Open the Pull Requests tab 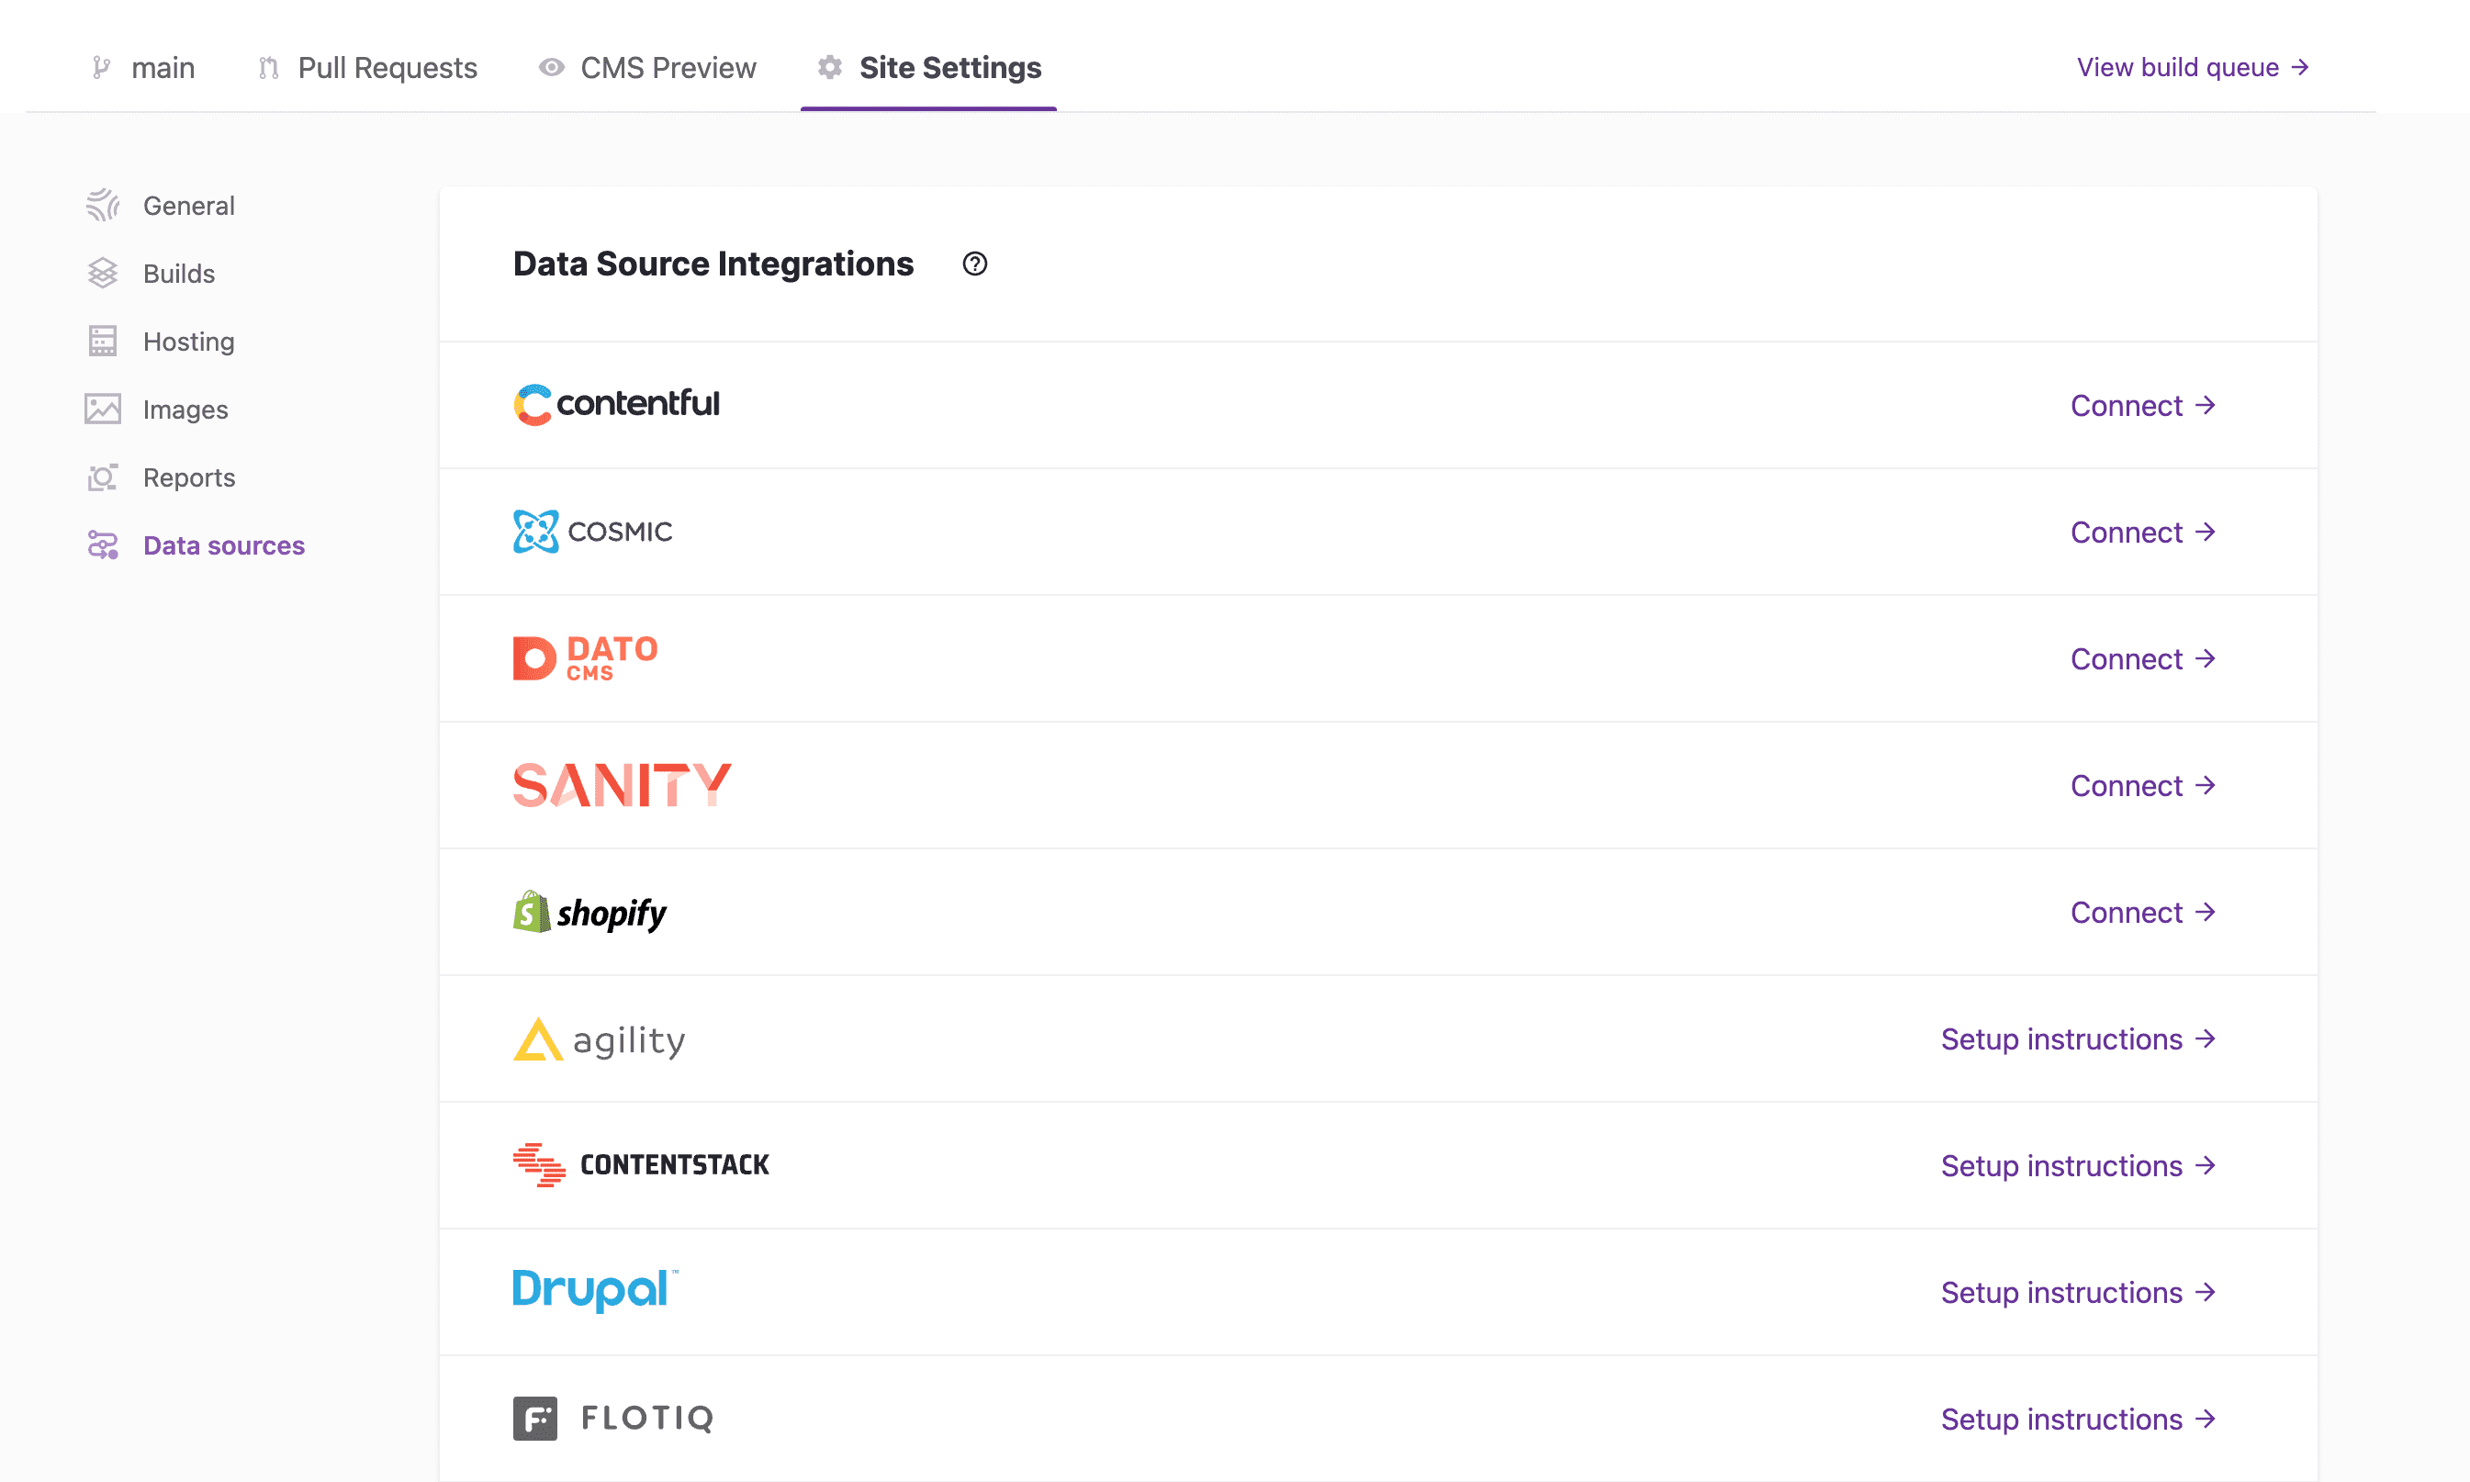coord(367,68)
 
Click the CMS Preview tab coord(647,68)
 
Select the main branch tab coord(142,68)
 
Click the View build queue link coord(2193,67)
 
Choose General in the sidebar coord(161,206)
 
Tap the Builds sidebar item coord(151,274)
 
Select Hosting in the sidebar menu coord(161,342)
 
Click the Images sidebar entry coord(157,410)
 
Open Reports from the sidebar coord(161,477)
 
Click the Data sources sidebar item coord(196,545)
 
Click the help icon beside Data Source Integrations coord(974,264)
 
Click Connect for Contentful coord(2142,406)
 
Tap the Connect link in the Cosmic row coord(2142,533)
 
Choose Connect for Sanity coord(2142,786)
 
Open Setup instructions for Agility coord(2078,1039)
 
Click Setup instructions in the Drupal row coord(2078,1293)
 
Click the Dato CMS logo coord(585,658)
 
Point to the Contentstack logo coord(641,1165)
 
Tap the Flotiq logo coord(613,1418)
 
